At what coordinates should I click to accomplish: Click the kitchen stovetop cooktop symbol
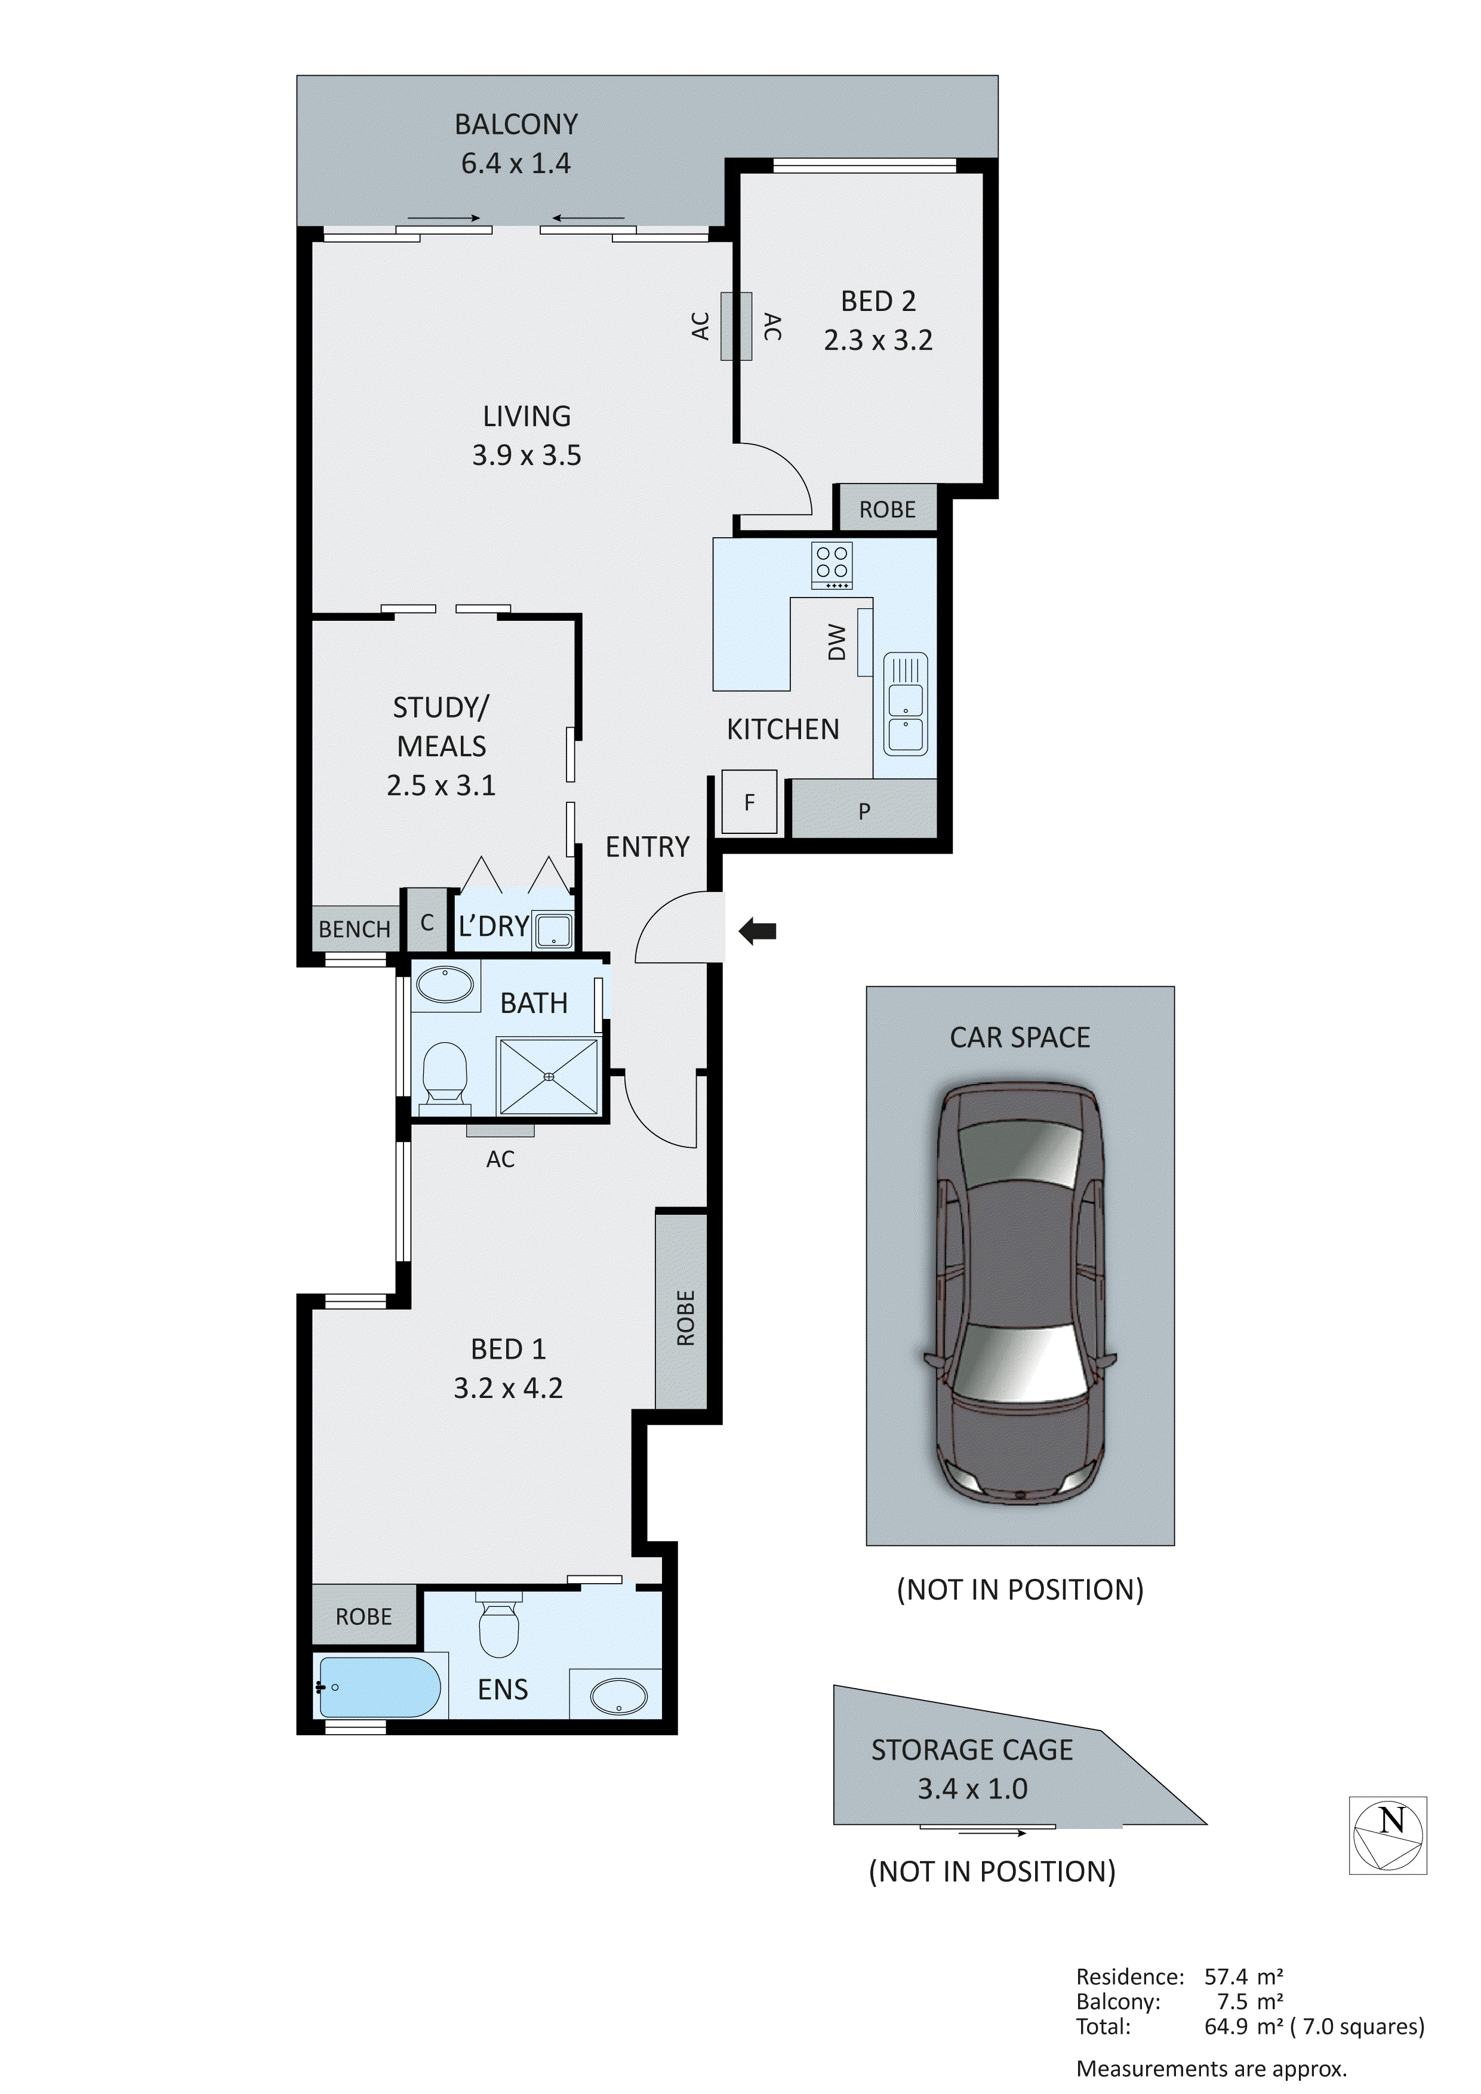click(x=832, y=565)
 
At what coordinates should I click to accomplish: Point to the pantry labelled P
click(x=864, y=810)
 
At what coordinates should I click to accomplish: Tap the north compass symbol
click(x=1387, y=1835)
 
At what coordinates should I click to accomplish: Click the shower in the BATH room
click(x=548, y=1076)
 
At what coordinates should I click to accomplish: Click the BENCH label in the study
click(x=354, y=928)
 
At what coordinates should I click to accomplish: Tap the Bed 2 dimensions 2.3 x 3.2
click(x=877, y=340)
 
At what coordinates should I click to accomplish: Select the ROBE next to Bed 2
click(x=886, y=509)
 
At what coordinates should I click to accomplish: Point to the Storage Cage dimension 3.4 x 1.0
click(x=972, y=1788)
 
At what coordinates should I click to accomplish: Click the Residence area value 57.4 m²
click(x=1243, y=1976)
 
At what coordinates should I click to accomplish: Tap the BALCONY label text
click(x=516, y=124)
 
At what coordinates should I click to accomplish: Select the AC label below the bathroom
click(x=500, y=1158)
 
